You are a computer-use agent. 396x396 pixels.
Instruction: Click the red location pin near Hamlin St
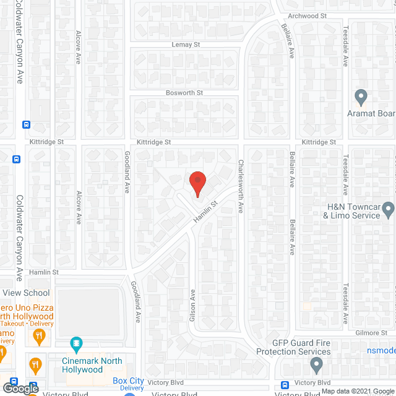(197, 184)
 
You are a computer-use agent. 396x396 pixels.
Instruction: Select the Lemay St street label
(186, 45)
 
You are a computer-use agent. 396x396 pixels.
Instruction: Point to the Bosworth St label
(184, 93)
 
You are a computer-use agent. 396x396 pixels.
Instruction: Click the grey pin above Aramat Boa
(361, 97)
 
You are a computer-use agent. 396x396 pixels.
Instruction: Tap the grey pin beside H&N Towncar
(388, 212)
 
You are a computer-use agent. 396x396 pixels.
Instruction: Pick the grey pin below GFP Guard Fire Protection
(317, 366)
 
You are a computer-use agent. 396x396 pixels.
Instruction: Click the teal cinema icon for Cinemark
(76, 342)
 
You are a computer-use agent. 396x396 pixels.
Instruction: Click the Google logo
(19, 388)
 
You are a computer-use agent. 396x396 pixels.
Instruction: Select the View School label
(25, 293)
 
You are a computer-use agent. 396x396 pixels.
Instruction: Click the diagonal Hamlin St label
(206, 212)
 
